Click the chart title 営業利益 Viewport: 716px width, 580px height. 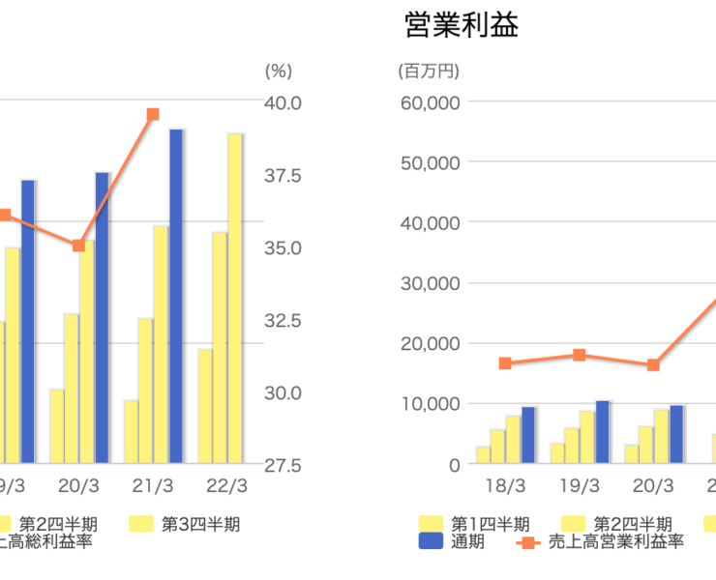461,25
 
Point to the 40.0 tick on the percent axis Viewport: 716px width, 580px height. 283,102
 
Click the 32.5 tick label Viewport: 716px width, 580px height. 283,320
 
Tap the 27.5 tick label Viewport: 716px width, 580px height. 283,465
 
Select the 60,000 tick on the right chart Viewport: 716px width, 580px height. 430,101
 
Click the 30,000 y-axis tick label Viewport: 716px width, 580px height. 430,283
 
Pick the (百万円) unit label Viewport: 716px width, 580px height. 429,72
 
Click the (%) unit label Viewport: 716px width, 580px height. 278,72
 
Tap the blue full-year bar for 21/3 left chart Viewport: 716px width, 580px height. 176,295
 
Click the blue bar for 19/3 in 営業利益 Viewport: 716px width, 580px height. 603,432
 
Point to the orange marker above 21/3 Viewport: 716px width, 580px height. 153,115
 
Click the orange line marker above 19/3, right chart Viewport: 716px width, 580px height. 579,355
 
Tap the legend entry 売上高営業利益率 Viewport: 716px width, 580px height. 604,543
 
